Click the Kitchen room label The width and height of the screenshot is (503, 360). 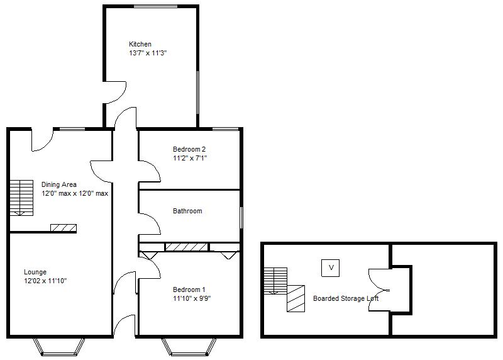click(x=140, y=44)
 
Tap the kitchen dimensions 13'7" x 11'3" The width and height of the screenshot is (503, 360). click(x=148, y=53)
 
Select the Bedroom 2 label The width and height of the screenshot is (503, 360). click(x=189, y=149)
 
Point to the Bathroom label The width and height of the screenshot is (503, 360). click(x=187, y=211)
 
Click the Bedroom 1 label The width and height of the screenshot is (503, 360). click(x=189, y=290)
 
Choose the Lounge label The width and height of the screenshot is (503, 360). click(x=35, y=272)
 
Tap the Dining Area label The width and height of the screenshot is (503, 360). click(x=59, y=184)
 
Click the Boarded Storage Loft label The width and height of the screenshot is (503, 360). click(x=346, y=298)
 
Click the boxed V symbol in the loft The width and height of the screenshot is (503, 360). click(x=331, y=267)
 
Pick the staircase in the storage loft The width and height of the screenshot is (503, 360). click(x=275, y=280)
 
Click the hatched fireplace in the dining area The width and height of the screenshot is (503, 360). click(x=63, y=227)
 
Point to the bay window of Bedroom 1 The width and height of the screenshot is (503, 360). click(x=189, y=346)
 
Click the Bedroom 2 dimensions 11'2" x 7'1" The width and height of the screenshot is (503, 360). click(x=190, y=158)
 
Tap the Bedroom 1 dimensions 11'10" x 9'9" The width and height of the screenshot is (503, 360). click(x=192, y=298)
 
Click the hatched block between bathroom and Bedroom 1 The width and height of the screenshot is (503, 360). click(x=186, y=247)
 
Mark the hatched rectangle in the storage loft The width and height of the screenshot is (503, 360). click(x=296, y=298)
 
